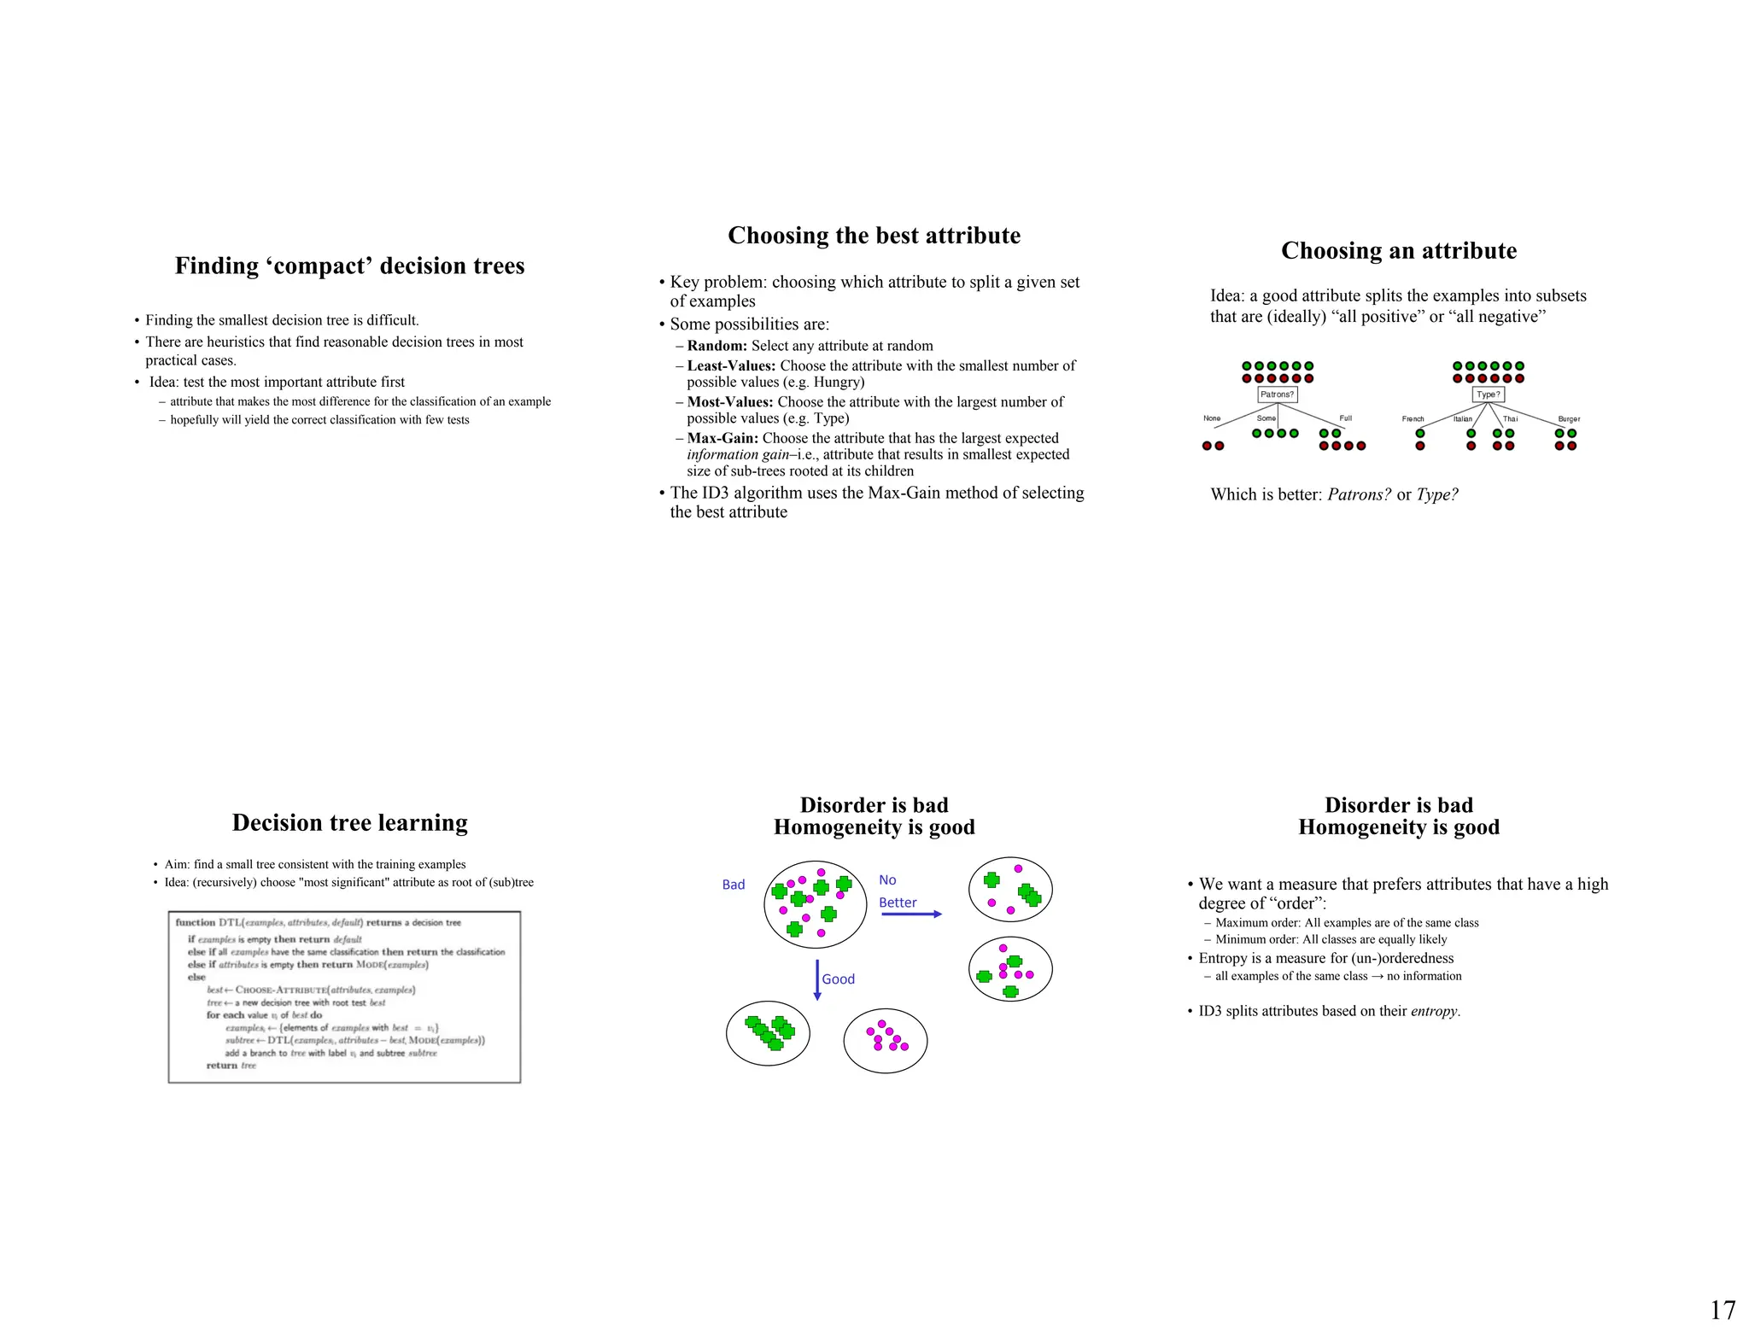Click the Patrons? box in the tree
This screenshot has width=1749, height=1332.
click(x=1278, y=394)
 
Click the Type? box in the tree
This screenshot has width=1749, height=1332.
click(x=1489, y=394)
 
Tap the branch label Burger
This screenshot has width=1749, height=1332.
click(x=1569, y=419)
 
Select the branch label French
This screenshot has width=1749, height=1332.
click(x=1413, y=419)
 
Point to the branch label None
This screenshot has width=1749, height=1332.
click(x=1212, y=418)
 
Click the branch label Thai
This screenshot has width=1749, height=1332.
click(x=1510, y=419)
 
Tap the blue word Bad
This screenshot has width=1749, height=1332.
click(x=734, y=885)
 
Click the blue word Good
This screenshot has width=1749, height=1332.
click(x=838, y=979)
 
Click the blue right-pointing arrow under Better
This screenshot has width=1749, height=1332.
click(x=911, y=914)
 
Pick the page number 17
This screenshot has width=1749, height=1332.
click(x=1723, y=1310)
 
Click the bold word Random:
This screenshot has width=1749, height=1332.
click(x=717, y=346)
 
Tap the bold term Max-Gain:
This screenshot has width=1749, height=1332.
click(x=722, y=438)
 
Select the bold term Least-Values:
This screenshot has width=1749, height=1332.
click(x=731, y=365)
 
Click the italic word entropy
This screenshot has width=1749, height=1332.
click(x=1434, y=1011)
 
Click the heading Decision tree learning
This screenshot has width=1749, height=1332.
click(x=350, y=822)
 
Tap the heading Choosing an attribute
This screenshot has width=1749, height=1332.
click(x=1399, y=250)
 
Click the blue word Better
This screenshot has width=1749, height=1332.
click(x=898, y=903)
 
